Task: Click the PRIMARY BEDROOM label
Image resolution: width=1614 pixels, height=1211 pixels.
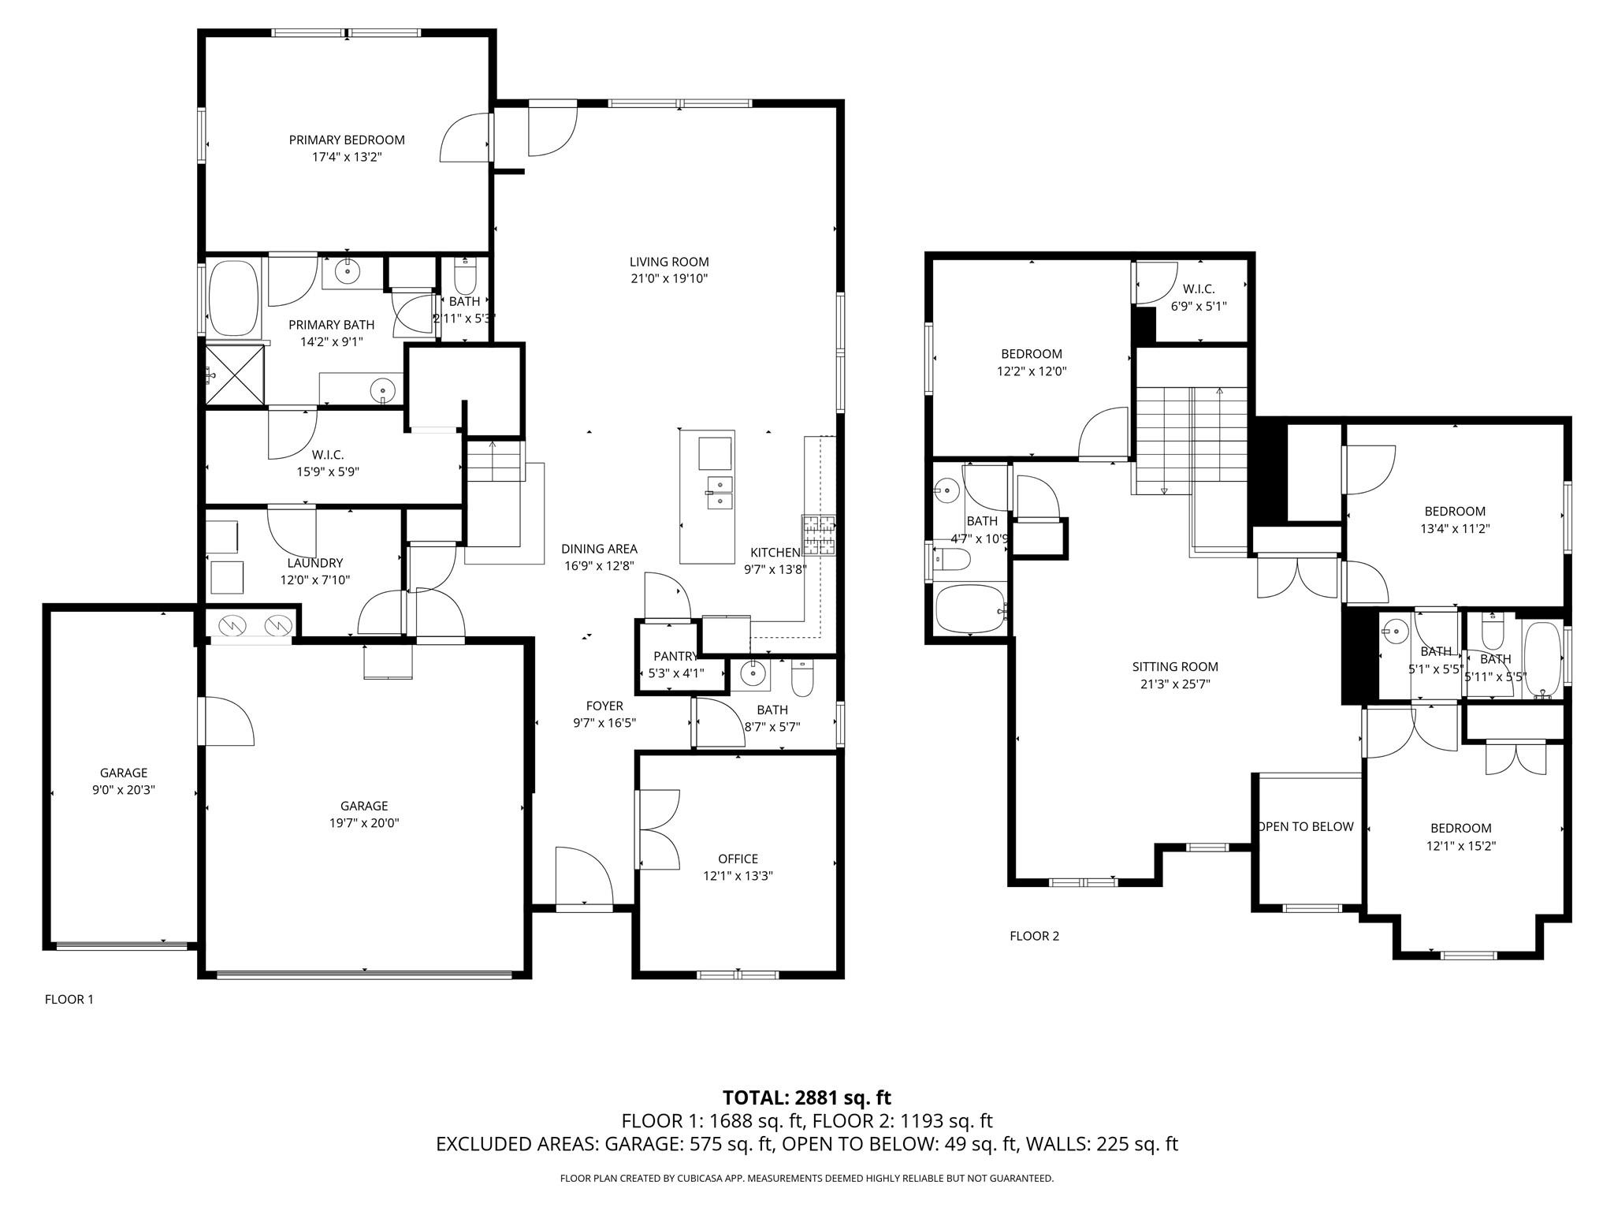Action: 347,140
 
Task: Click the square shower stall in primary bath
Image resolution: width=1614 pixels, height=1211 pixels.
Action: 236,374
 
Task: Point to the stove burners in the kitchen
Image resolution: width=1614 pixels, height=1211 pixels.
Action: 818,535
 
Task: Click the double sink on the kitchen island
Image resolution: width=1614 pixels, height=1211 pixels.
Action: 720,492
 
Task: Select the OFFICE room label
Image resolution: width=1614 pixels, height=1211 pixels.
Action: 738,859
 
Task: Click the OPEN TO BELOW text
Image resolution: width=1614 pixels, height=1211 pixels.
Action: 1306,826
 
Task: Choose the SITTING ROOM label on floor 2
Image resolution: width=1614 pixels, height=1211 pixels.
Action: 1175,667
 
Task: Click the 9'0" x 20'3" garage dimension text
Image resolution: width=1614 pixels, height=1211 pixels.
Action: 124,790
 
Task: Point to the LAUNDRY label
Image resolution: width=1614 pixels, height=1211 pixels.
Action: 314,563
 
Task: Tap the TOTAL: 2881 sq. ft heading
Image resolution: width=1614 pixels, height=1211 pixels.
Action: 806,1097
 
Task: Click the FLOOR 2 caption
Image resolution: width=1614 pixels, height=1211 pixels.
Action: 1034,936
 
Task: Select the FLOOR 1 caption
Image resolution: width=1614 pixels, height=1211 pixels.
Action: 69,1000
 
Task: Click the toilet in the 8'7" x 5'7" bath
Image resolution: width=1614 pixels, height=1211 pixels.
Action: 801,680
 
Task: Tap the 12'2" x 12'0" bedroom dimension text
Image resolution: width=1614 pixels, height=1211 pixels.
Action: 1031,371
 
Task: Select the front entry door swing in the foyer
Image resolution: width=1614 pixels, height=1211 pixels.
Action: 583,877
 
